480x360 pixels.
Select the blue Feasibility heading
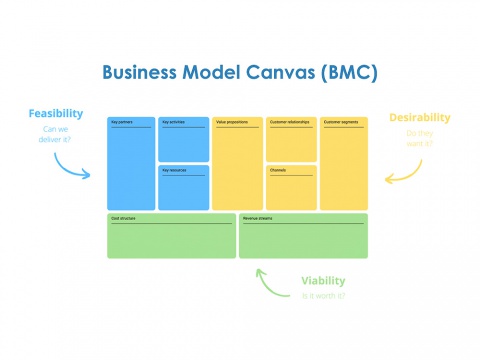pyautogui.click(x=55, y=113)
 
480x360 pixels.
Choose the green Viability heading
pyautogui.click(x=326, y=281)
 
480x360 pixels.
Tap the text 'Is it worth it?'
pyautogui.click(x=325, y=296)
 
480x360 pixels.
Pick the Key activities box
pyautogui.click(x=183, y=139)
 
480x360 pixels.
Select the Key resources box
pyautogui.click(x=183, y=187)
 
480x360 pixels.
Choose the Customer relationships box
pyautogui.click(x=291, y=139)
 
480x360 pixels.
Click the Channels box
pyautogui.click(x=291, y=187)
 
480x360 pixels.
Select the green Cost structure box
pyautogui.click(x=171, y=236)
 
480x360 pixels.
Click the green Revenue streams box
pyautogui.click(x=303, y=236)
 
